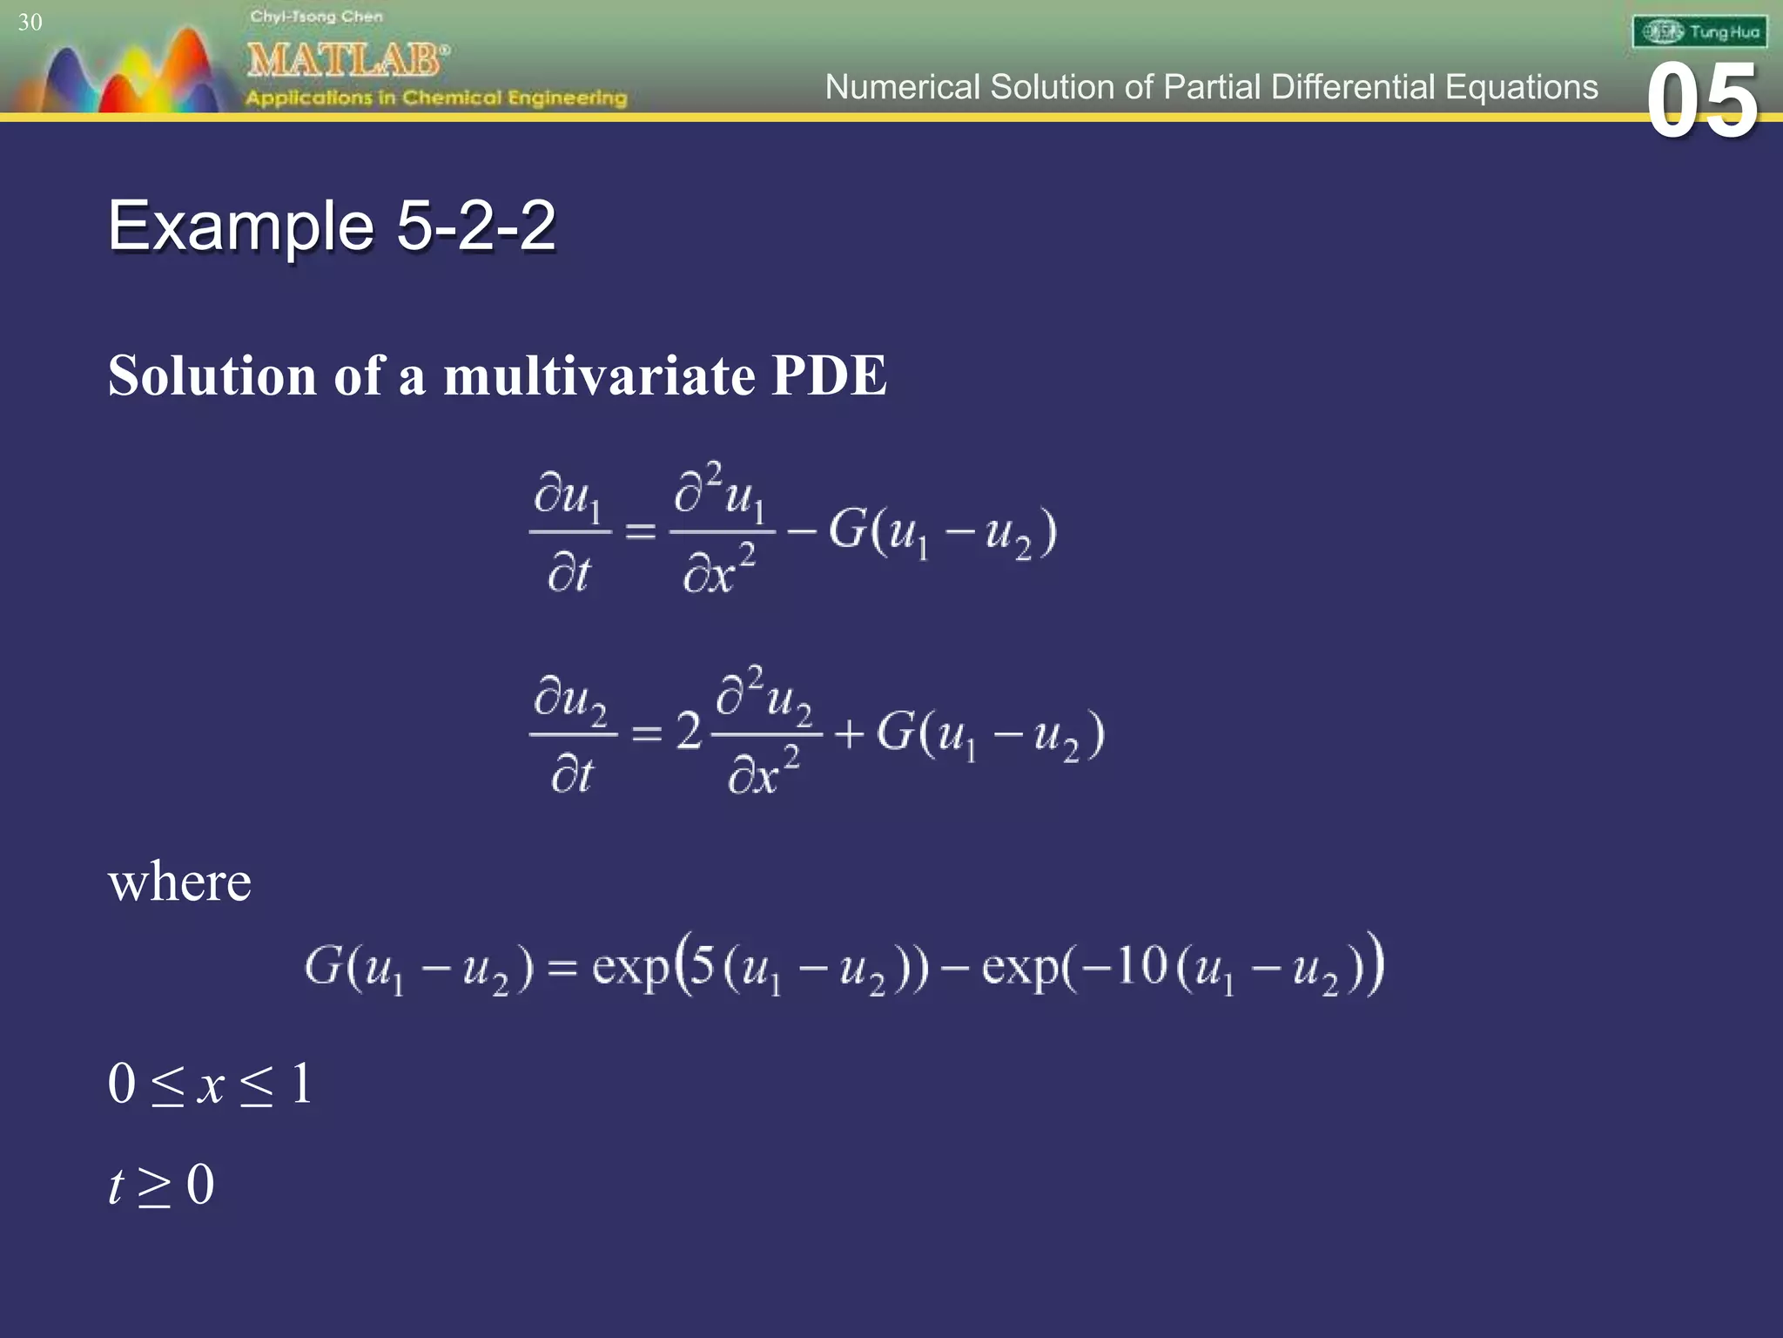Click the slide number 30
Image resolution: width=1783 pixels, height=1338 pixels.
pyautogui.click(x=30, y=22)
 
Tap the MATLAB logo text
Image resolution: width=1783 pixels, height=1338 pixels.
pyautogui.click(x=347, y=59)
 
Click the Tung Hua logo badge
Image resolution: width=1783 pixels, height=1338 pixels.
pyautogui.click(x=1699, y=32)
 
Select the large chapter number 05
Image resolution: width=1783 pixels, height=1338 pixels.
pyautogui.click(x=1702, y=102)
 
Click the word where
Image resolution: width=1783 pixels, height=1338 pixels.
pyautogui.click(x=179, y=882)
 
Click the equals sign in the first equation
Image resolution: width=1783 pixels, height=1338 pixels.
pyautogui.click(x=641, y=530)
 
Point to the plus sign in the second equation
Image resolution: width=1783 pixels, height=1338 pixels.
pyautogui.click(x=849, y=733)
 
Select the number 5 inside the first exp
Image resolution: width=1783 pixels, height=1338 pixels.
pyautogui.click(x=702, y=965)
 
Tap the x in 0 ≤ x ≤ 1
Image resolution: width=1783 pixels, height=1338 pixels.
pyautogui.click(x=211, y=1085)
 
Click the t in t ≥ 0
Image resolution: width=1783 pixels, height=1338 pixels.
pyautogui.click(x=116, y=1186)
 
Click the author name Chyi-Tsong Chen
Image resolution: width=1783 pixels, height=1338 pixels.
pyautogui.click(x=316, y=17)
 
